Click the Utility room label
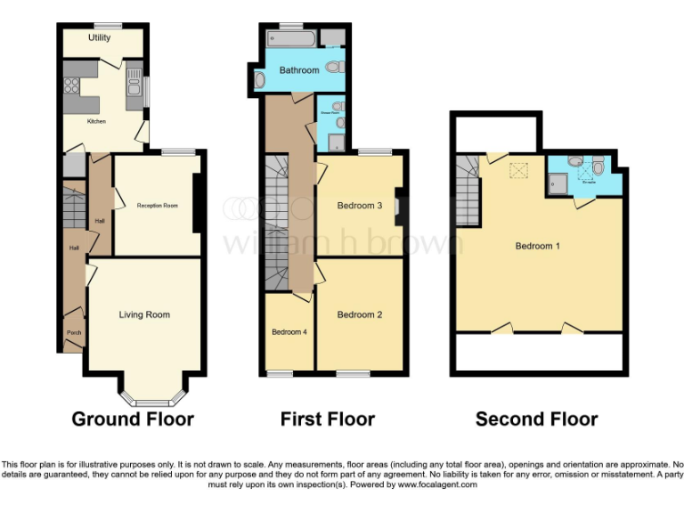click(98, 38)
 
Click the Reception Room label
click(157, 206)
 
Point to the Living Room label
click(144, 314)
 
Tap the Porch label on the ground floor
click(75, 333)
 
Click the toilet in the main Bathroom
click(334, 66)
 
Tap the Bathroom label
click(298, 70)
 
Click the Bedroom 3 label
click(359, 206)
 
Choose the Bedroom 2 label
click(359, 314)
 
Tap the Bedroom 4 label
click(289, 332)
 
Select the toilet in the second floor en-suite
click(598, 165)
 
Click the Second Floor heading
click(536, 419)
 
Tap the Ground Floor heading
click(133, 419)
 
